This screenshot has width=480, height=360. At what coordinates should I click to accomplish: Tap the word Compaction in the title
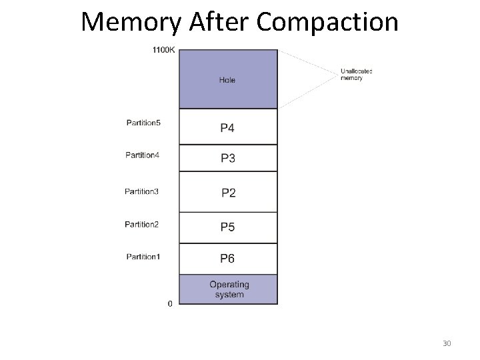327,22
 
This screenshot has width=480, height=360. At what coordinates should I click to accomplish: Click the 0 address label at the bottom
170,304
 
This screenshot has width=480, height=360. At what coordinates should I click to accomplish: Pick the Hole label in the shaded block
227,81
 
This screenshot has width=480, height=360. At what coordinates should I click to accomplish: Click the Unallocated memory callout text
357,75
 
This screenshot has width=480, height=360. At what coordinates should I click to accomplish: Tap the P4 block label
227,127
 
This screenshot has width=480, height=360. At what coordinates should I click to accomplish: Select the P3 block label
228,158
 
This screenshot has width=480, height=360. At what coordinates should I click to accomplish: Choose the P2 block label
228,193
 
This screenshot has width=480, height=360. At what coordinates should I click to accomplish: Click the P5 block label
227,227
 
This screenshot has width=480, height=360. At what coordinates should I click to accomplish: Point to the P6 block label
227,259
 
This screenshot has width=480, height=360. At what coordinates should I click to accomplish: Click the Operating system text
229,289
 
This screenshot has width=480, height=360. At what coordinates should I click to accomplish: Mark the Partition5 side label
143,123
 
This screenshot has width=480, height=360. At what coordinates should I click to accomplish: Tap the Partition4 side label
142,155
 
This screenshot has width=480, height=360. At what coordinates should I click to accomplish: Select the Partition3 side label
142,192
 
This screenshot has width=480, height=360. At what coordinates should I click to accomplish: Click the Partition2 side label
142,225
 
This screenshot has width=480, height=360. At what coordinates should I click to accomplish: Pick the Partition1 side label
143,257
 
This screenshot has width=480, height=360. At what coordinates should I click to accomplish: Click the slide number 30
447,343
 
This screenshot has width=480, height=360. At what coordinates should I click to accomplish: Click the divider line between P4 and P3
228,144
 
